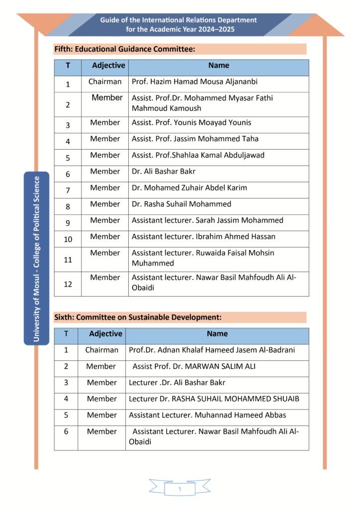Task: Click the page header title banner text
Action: point(179,24)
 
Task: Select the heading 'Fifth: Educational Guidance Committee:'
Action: point(124,49)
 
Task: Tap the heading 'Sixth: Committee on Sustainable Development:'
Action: point(138,317)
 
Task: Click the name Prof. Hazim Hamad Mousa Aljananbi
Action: point(194,82)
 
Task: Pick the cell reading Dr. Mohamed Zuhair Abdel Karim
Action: point(189,188)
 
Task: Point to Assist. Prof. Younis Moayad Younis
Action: point(191,122)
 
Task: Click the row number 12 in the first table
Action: point(68,284)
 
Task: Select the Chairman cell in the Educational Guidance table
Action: point(105,82)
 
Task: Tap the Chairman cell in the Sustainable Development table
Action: point(101,350)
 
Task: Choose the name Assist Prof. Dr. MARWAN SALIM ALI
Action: point(194,366)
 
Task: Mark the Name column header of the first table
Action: point(218,66)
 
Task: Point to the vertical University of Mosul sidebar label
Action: point(36,258)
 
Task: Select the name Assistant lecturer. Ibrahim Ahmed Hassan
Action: point(203,237)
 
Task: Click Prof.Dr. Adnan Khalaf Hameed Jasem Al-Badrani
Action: point(212,350)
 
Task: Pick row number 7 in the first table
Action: point(68,190)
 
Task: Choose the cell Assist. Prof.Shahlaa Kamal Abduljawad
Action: point(198,155)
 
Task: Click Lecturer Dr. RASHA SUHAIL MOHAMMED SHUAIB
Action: point(214,399)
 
